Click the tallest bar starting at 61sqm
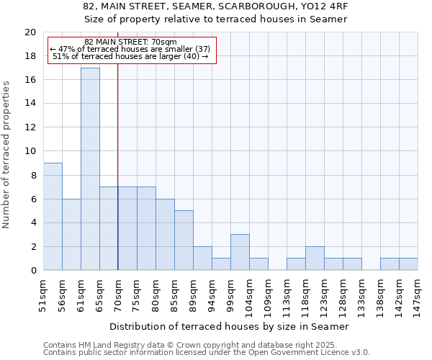coord(90,169)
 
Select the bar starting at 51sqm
coord(53,217)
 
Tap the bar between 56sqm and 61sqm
coord(71,235)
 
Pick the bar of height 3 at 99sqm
coord(240,252)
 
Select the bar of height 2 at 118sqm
coord(315,258)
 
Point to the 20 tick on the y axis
coord(30,32)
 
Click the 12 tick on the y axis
coord(30,127)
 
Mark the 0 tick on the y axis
coord(33,271)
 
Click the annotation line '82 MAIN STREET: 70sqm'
coord(130,42)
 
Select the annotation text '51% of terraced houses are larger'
coord(130,56)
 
